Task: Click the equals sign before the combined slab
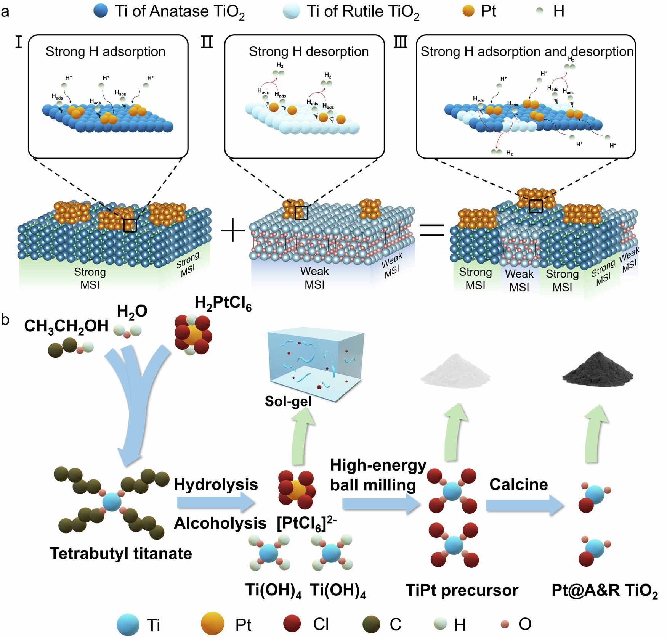coord(432,230)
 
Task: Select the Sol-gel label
coord(288,401)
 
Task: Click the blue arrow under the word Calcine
coord(524,506)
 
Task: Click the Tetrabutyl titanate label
coord(121,553)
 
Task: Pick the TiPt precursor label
coord(462,590)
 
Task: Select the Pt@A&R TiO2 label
coord(604,591)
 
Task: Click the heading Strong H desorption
coord(309,51)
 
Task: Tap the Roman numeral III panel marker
coord(401,42)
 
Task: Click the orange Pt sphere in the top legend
coord(468,11)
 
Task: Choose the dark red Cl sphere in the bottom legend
coord(292,624)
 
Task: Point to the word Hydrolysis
coord(216,484)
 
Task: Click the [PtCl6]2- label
coord(306,524)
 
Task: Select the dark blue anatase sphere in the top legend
coord(101,11)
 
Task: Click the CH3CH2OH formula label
coord(66,327)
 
